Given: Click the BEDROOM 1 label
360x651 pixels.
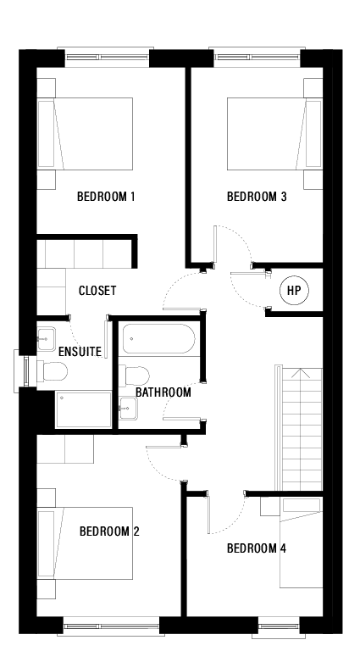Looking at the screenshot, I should click(x=107, y=198).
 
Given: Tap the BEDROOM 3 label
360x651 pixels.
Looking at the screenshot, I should click(x=257, y=198).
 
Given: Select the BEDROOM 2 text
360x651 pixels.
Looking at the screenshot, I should click(x=109, y=531).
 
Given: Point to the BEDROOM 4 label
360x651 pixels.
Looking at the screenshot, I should click(x=257, y=548).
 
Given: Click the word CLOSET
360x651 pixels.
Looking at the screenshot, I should click(x=97, y=291).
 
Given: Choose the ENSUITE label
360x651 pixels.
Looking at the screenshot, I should click(x=80, y=351).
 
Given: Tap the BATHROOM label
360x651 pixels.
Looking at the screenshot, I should click(x=163, y=392).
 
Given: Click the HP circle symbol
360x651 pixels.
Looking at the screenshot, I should click(x=294, y=291).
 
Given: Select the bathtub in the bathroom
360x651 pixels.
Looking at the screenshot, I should click(x=158, y=340).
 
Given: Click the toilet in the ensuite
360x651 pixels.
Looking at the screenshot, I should click(x=54, y=371).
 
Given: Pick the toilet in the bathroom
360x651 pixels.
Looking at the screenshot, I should click(x=136, y=376).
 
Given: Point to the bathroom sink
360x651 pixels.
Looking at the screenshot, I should click(x=127, y=409).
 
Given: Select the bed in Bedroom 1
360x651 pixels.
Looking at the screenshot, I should click(x=93, y=134).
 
